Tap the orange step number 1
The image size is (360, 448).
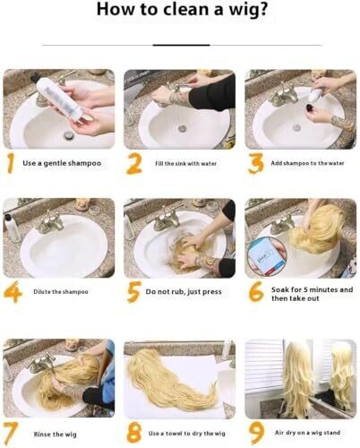[x=11, y=163]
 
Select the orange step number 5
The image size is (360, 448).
[x=133, y=292]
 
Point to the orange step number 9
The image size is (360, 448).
[x=256, y=434]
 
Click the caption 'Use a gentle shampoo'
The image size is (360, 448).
[x=62, y=163]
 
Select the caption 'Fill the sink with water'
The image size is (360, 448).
[x=185, y=163]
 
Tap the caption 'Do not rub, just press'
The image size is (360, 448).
[x=184, y=292]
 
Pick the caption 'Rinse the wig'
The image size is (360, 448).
[x=55, y=435]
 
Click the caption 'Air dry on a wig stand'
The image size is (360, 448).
[x=307, y=433]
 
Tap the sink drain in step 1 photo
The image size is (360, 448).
[x=69, y=135]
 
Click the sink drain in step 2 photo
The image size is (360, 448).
[x=182, y=129]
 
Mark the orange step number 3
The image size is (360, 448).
[x=255, y=164]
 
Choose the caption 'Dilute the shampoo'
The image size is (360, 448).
[x=61, y=292]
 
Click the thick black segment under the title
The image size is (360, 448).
[x=182, y=45]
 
